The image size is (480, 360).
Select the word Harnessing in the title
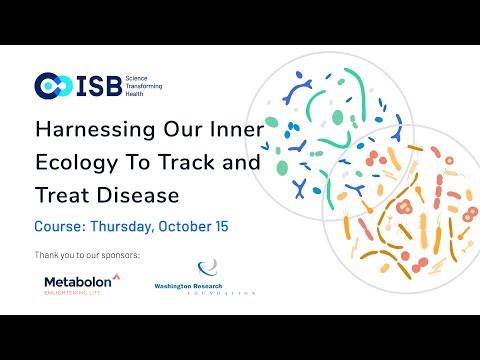[87, 131]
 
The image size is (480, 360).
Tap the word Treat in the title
[60, 195]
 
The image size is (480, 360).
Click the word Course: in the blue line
[62, 227]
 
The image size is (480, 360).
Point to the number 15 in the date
[220, 227]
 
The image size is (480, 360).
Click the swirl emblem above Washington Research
[208, 268]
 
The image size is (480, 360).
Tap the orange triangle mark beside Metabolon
[116, 276]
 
